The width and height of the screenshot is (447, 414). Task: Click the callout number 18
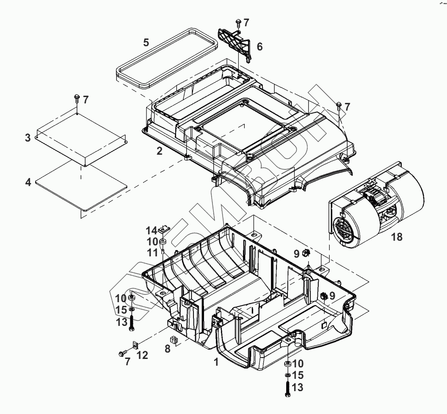397,237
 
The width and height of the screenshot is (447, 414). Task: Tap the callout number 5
146,42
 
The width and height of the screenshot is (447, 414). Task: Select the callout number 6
259,47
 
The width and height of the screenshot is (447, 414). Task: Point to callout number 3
28,138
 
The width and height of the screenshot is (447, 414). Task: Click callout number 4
28,183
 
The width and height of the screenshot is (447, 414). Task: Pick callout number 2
159,150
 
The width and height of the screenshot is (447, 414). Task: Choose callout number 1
216,362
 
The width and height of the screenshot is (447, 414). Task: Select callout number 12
142,355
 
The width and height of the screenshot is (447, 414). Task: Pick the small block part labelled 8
173,339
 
